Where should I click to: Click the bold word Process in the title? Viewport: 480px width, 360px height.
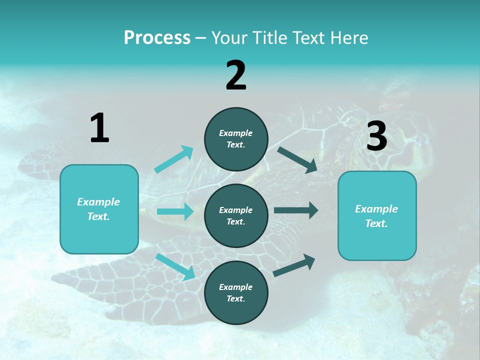tap(157, 38)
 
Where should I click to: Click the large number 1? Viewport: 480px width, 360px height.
tap(99, 128)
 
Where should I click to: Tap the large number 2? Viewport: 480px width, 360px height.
tap(236, 75)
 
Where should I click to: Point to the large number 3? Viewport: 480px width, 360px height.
tap(376, 136)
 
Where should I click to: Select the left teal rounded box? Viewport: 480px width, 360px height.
tap(99, 209)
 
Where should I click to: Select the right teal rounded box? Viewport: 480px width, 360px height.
tap(377, 216)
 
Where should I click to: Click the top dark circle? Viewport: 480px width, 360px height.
tap(236, 139)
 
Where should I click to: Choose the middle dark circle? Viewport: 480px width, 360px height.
tap(236, 215)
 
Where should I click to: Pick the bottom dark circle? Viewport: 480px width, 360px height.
tap(236, 292)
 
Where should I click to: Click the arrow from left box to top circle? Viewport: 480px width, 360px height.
tap(174, 159)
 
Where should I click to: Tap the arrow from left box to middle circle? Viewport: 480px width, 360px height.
tap(175, 211)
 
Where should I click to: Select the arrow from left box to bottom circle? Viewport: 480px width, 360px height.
tap(175, 266)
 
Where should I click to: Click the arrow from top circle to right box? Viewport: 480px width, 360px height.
tap(297, 159)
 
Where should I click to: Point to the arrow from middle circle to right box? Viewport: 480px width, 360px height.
tap(296, 210)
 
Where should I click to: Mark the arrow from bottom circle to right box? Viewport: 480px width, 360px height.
tap(294, 265)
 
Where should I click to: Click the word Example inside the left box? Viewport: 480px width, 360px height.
tap(98, 202)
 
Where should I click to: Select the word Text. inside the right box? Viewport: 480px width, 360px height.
tap(376, 223)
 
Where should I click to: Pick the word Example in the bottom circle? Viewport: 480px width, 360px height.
tap(236, 287)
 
